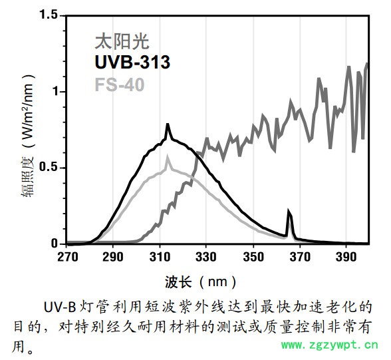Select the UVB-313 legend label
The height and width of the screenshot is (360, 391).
(132, 63)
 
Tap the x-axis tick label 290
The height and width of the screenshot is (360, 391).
(113, 257)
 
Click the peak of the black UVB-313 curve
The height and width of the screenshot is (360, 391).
(168, 125)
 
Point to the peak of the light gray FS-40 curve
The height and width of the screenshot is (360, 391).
(168, 157)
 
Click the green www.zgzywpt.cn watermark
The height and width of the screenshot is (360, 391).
(330, 344)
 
